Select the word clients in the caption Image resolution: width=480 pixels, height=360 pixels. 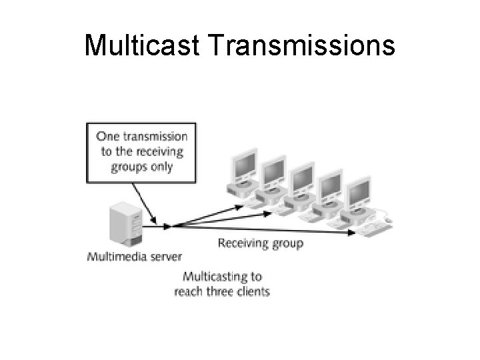tap(251, 291)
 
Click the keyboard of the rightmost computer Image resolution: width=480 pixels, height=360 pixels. tap(373, 228)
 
